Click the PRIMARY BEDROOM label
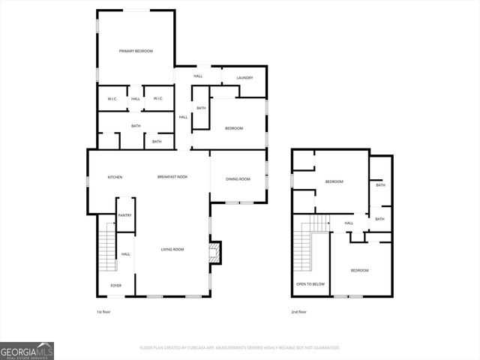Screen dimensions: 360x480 (x=136, y=51)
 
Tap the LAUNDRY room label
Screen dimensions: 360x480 (x=244, y=78)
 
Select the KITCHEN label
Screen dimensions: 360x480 (x=115, y=177)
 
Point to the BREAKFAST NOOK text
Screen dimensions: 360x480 (x=172, y=177)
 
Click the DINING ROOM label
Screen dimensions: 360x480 (x=238, y=178)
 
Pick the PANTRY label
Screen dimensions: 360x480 (x=124, y=216)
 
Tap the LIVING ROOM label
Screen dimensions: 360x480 (x=172, y=249)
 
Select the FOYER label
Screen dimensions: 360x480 (x=116, y=286)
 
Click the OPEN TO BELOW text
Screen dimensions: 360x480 (x=310, y=284)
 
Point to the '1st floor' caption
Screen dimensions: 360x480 (x=103, y=311)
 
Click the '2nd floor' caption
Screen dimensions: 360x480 (x=299, y=311)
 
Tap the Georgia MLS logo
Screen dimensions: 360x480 (x=27, y=351)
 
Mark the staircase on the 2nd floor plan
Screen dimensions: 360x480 (x=304, y=251)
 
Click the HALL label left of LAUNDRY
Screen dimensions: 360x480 (x=198, y=76)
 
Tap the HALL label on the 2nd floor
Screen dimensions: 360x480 (x=349, y=223)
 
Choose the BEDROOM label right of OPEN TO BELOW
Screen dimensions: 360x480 (x=359, y=270)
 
